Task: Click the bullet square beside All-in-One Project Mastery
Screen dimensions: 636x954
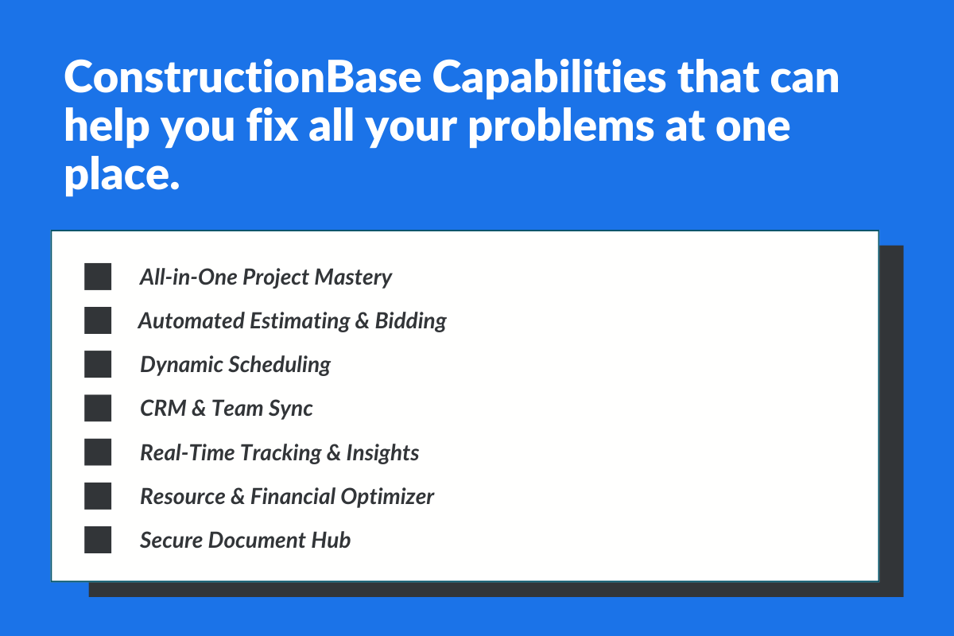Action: (98, 277)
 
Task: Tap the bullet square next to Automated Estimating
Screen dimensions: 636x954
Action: (98, 321)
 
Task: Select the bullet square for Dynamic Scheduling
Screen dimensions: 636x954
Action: (98, 365)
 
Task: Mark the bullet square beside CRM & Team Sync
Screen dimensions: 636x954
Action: (98, 409)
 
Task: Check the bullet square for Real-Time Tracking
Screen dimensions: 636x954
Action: (98, 452)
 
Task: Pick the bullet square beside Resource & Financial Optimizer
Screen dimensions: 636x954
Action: (98, 496)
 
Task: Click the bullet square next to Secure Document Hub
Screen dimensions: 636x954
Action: (98, 540)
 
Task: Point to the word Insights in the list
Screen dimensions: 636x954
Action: (382, 453)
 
